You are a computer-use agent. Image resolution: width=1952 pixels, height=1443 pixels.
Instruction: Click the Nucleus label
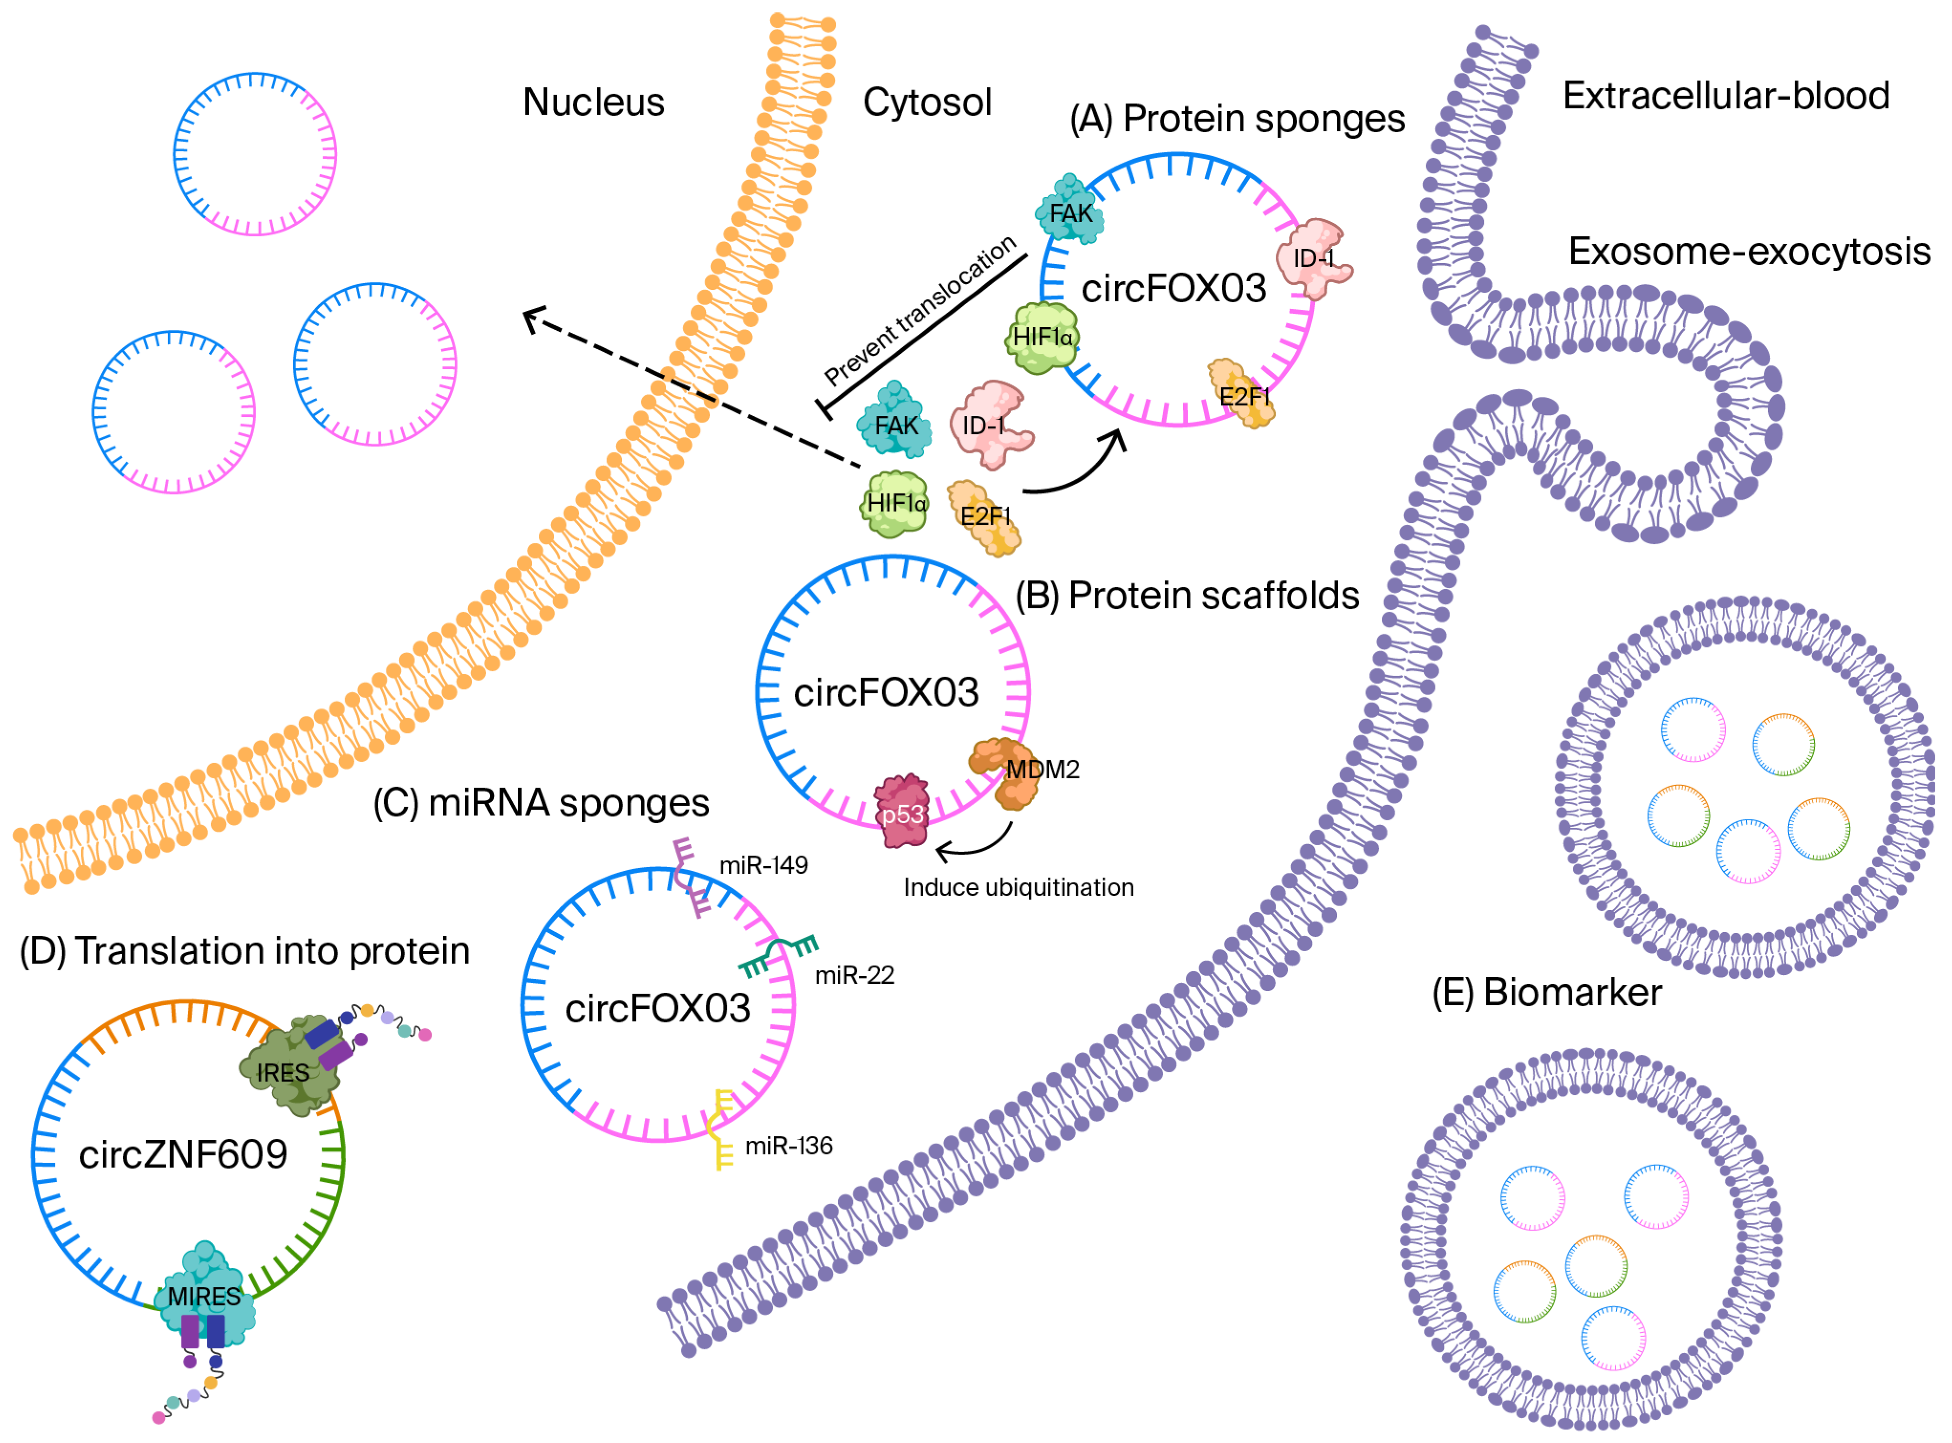(593, 102)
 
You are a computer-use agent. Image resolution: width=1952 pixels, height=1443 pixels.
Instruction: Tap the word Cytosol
(927, 102)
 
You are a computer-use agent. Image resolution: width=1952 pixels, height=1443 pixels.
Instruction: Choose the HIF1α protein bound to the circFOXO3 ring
(1042, 337)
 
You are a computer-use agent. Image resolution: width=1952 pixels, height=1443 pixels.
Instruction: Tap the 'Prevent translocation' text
(920, 310)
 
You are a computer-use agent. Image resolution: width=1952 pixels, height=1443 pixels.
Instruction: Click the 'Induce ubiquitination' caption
(1018, 888)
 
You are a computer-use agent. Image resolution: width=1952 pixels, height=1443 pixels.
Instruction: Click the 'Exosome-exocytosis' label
(1749, 252)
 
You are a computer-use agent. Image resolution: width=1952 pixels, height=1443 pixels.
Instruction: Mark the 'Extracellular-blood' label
(1726, 95)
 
